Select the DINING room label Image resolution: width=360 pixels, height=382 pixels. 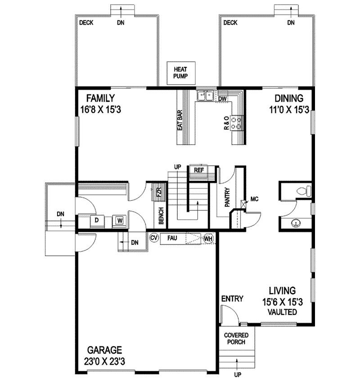(288, 98)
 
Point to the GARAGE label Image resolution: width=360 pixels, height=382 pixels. (104, 350)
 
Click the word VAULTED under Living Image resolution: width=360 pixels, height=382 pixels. (282, 312)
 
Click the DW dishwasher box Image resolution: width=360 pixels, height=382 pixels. (223, 98)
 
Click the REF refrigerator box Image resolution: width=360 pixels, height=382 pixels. (199, 170)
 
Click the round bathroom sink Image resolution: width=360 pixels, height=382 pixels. (296, 222)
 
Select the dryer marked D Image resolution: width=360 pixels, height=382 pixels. (97, 220)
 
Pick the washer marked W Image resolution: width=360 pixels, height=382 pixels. (120, 221)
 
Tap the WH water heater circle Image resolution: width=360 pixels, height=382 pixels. (208, 239)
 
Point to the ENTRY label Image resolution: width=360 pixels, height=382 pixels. (232, 298)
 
